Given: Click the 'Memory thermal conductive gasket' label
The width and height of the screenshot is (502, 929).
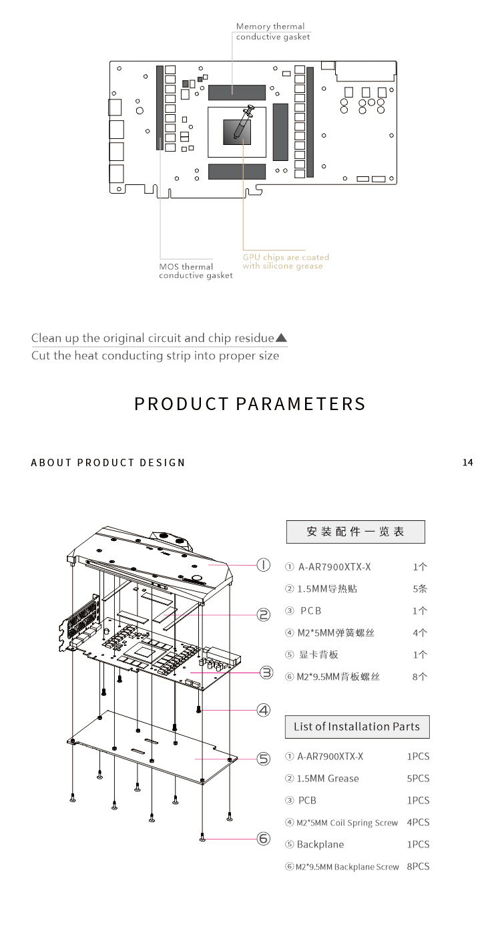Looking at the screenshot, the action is tap(273, 31).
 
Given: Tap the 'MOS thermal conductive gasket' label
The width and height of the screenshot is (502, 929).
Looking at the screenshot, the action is tap(196, 271).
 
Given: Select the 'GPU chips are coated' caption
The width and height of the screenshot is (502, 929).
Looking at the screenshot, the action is tap(286, 257).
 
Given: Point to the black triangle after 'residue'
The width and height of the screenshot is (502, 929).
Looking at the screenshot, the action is tap(281, 337).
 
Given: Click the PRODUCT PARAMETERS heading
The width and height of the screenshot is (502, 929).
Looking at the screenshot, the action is tap(250, 403).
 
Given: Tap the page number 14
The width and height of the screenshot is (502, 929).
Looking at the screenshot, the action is tap(467, 462).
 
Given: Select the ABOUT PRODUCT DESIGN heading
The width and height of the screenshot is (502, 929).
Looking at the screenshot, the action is tap(107, 462).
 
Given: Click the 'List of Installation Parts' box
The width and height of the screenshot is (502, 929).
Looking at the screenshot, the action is tap(357, 727).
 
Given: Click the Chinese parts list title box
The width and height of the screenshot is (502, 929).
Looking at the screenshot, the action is tap(355, 532).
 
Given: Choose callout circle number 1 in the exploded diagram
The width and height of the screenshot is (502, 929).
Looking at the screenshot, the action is tap(264, 565).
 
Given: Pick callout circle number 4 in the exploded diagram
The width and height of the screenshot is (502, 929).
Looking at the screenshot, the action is tap(264, 710).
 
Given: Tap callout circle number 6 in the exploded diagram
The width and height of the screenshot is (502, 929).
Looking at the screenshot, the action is tap(264, 839).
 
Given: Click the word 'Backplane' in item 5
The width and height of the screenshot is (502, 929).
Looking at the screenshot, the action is tap(320, 844).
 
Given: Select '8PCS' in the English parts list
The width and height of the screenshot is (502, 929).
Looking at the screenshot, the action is tap(418, 866).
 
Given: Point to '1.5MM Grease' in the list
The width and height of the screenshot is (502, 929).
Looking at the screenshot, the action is tap(328, 779).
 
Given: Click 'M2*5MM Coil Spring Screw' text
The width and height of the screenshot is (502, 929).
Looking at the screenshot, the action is tap(347, 823).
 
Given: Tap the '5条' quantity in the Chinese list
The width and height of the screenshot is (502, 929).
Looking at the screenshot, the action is tap(419, 589).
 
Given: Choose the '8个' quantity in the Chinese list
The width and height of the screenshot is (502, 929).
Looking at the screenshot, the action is tap(419, 677).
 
